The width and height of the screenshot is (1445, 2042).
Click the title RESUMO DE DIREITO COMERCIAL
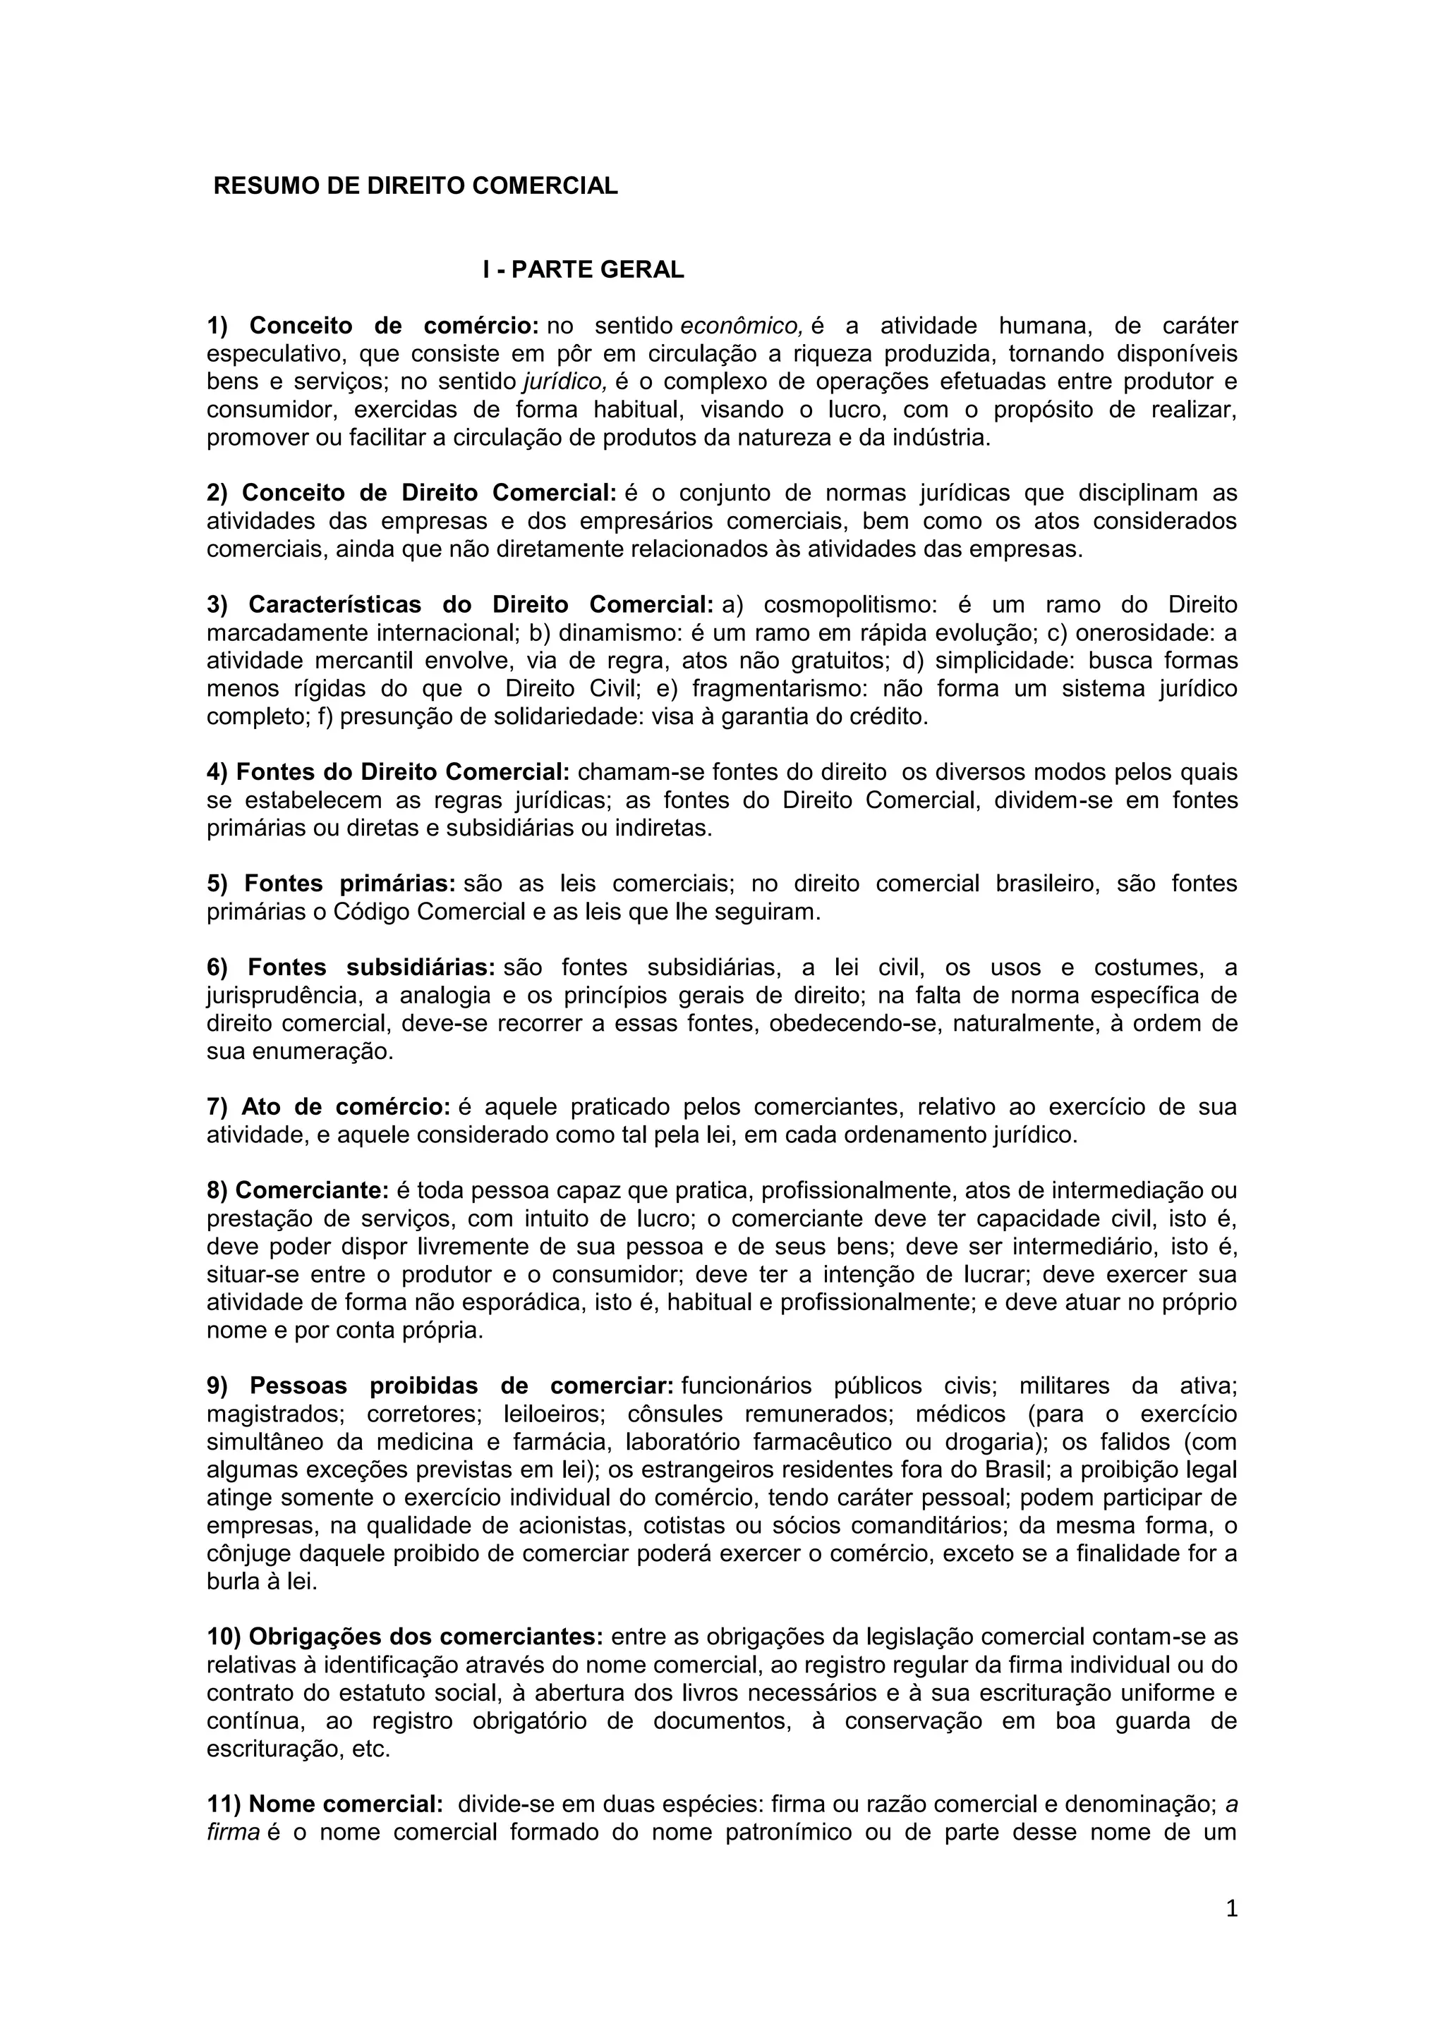tap(416, 186)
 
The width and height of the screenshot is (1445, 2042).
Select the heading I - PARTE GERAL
tap(584, 269)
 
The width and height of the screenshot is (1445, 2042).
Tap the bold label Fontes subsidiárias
tap(371, 967)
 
